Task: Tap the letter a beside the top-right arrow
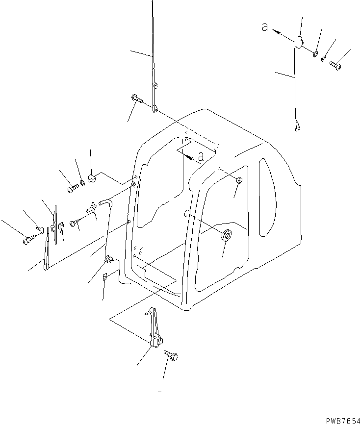(x=265, y=28)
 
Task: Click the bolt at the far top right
(x=336, y=64)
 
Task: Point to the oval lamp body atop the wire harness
(x=299, y=42)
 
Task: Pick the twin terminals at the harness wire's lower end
(x=297, y=128)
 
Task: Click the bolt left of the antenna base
(x=137, y=100)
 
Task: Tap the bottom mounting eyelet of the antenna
(x=154, y=109)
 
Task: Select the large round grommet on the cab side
(x=227, y=236)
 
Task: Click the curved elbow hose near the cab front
(x=105, y=201)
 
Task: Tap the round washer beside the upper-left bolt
(x=82, y=183)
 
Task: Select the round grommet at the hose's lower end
(x=108, y=259)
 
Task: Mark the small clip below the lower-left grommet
(x=105, y=278)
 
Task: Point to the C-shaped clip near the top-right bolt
(x=324, y=58)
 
